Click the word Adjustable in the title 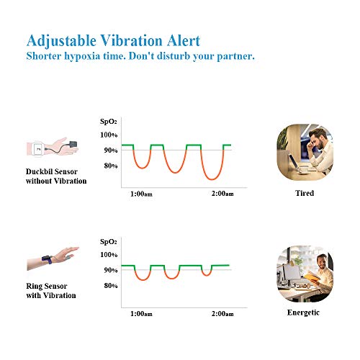click(x=61, y=41)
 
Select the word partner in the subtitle click(x=235, y=56)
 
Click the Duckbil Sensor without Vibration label click(x=56, y=176)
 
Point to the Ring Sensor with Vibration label click(x=51, y=291)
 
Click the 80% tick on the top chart click(x=111, y=166)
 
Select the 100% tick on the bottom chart click(x=109, y=255)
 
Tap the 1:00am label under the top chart click(x=141, y=194)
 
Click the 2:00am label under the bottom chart click(x=222, y=314)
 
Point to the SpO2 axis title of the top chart click(x=108, y=122)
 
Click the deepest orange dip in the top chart click(x=212, y=179)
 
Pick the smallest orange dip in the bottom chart click(x=207, y=275)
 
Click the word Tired click(x=305, y=193)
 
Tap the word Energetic click(x=303, y=312)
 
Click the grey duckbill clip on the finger click(x=73, y=145)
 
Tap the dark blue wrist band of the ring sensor click(x=48, y=260)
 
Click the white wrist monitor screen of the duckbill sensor click(x=38, y=149)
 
